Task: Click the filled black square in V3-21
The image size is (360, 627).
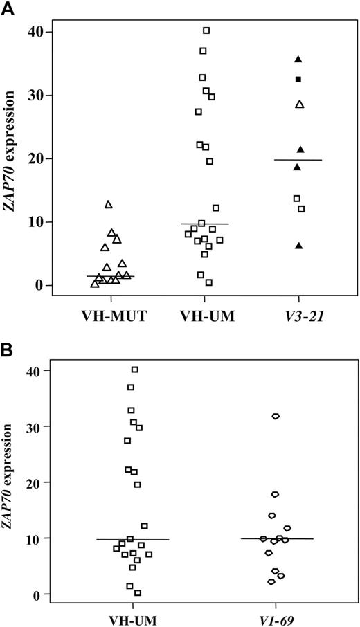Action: [x=298, y=80]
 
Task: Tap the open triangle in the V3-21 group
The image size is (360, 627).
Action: [x=300, y=104]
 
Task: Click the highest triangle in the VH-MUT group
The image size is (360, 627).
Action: [x=109, y=205]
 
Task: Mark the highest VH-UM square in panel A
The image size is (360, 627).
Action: [x=206, y=30]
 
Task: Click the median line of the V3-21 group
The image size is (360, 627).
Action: [x=298, y=160]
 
